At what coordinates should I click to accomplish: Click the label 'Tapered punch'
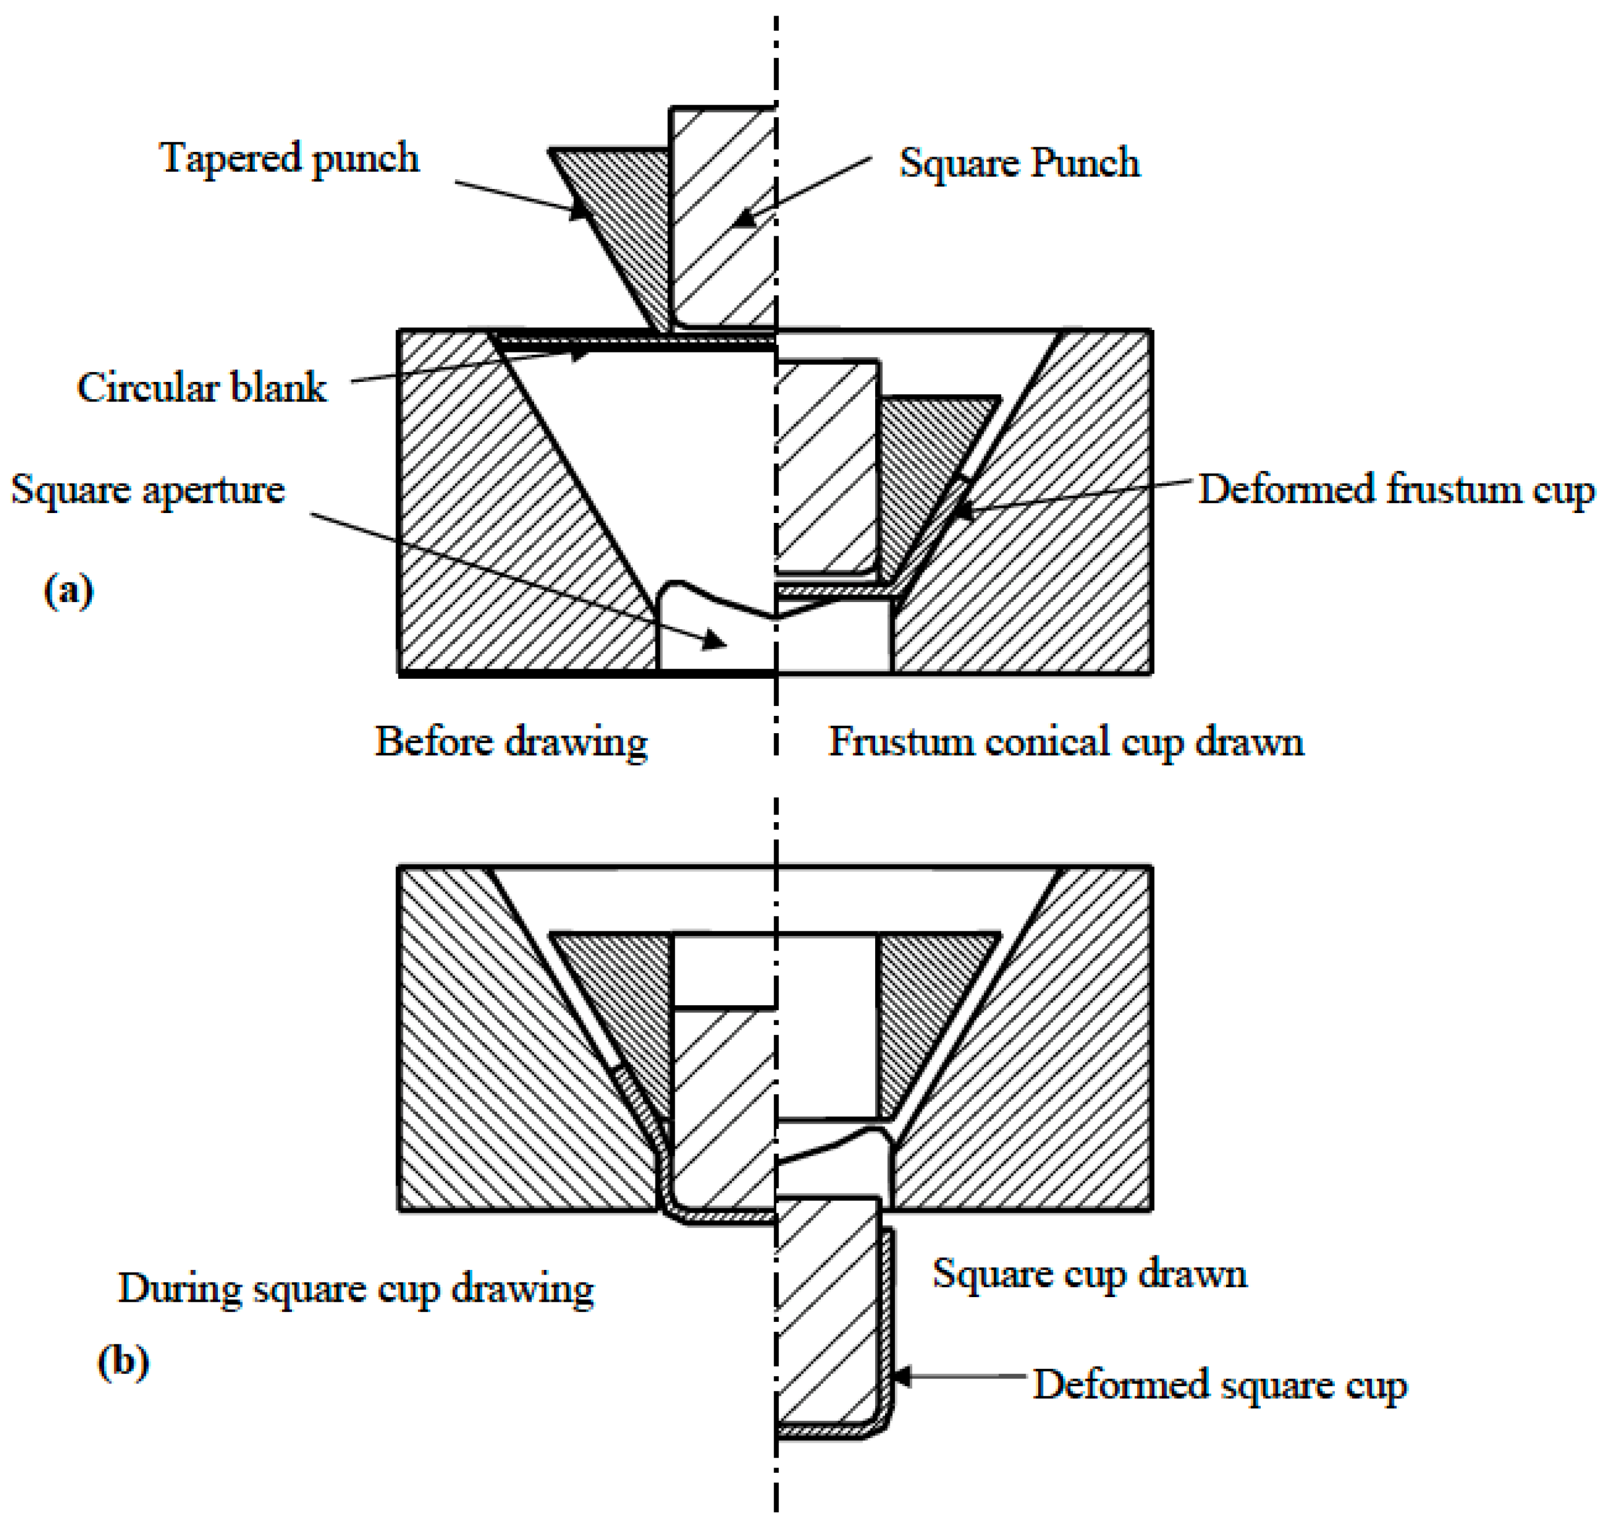tap(289, 158)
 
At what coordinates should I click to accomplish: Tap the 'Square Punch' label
tap(1019, 162)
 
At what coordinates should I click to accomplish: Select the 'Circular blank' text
tap(201, 387)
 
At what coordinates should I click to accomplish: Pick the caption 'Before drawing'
tap(511, 742)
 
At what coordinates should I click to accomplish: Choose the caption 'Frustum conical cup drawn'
tap(1065, 742)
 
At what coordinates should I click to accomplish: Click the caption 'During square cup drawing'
tap(356, 1288)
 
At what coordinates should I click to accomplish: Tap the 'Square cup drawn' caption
tap(1089, 1273)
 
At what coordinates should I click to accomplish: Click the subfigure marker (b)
tap(123, 1361)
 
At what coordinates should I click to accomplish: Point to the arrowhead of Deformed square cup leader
tap(899, 1376)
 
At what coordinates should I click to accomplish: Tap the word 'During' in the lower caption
tap(179, 1288)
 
